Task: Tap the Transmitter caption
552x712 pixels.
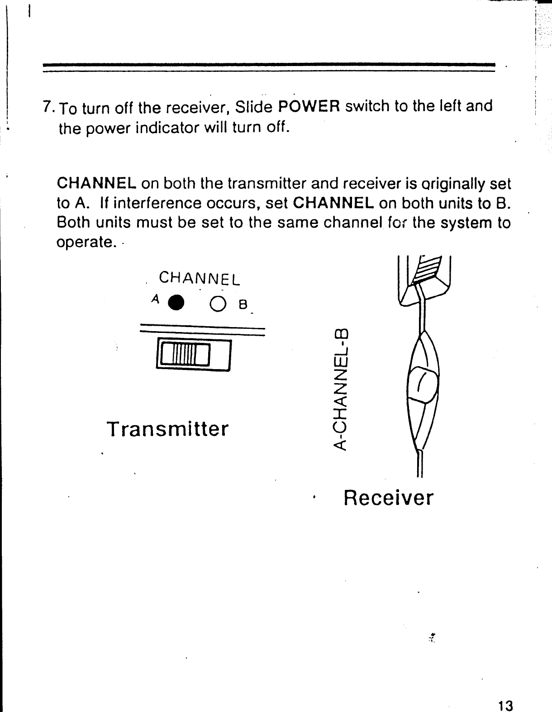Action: point(167,429)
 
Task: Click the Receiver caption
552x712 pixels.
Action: point(388,498)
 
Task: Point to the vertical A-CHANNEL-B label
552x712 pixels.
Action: point(342,389)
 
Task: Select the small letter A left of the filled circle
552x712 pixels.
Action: point(156,299)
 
